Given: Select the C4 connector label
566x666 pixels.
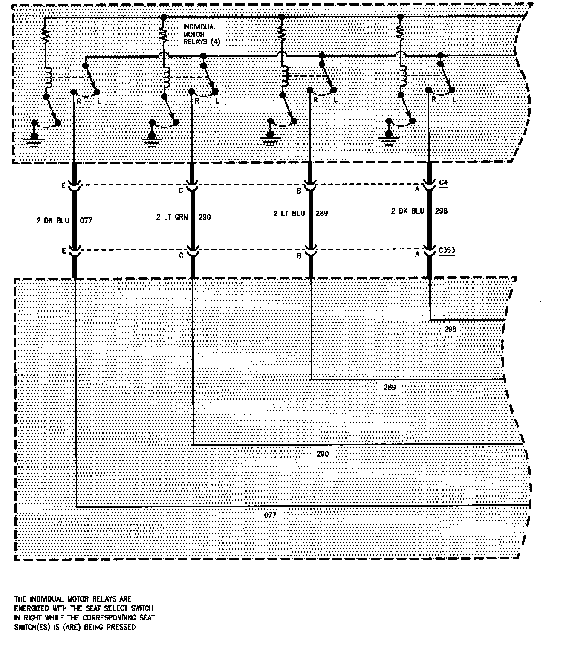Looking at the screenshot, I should (443, 183).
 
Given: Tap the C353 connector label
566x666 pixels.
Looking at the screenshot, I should (446, 250).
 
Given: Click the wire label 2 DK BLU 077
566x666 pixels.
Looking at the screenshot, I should (64, 220).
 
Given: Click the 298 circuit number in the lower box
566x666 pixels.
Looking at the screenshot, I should (450, 329).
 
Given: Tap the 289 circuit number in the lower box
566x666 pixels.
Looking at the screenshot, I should (390, 388).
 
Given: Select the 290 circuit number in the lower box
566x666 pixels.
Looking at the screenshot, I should (323, 454).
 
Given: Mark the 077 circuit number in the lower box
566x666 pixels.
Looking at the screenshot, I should (270, 515).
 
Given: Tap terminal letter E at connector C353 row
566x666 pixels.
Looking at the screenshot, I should (64, 251).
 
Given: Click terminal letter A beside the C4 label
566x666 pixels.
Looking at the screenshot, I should (417, 188).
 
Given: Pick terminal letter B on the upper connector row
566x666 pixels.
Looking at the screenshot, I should (299, 191).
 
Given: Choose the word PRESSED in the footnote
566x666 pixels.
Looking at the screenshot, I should (122, 627).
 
